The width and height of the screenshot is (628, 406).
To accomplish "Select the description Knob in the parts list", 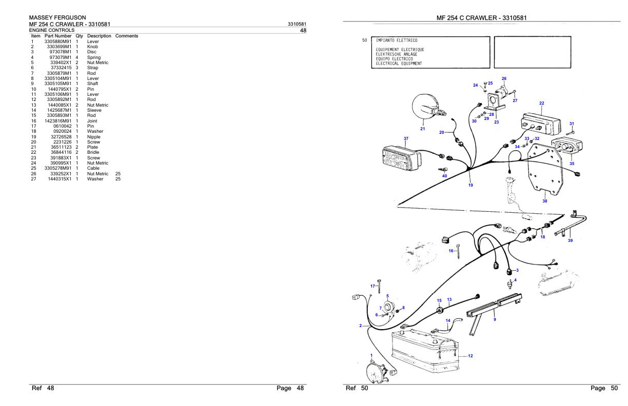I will [x=93, y=47].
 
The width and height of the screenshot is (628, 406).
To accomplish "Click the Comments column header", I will [x=127, y=36].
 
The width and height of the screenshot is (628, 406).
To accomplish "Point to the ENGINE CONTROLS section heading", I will [x=52, y=31].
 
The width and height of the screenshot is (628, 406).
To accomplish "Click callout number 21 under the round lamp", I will [x=423, y=129].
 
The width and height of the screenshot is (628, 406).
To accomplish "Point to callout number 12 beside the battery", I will [x=470, y=356].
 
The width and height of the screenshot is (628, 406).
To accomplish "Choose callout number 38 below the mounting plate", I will [x=545, y=201].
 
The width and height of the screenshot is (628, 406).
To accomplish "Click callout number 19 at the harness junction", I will [x=470, y=185].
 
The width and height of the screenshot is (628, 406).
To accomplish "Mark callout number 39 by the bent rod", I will [x=570, y=240].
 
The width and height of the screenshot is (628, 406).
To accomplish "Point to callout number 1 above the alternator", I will [x=371, y=355].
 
